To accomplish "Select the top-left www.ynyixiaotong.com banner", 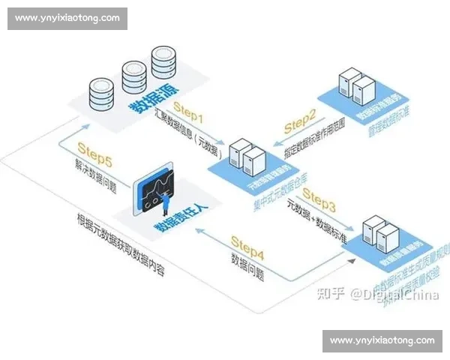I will tap(68, 17).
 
